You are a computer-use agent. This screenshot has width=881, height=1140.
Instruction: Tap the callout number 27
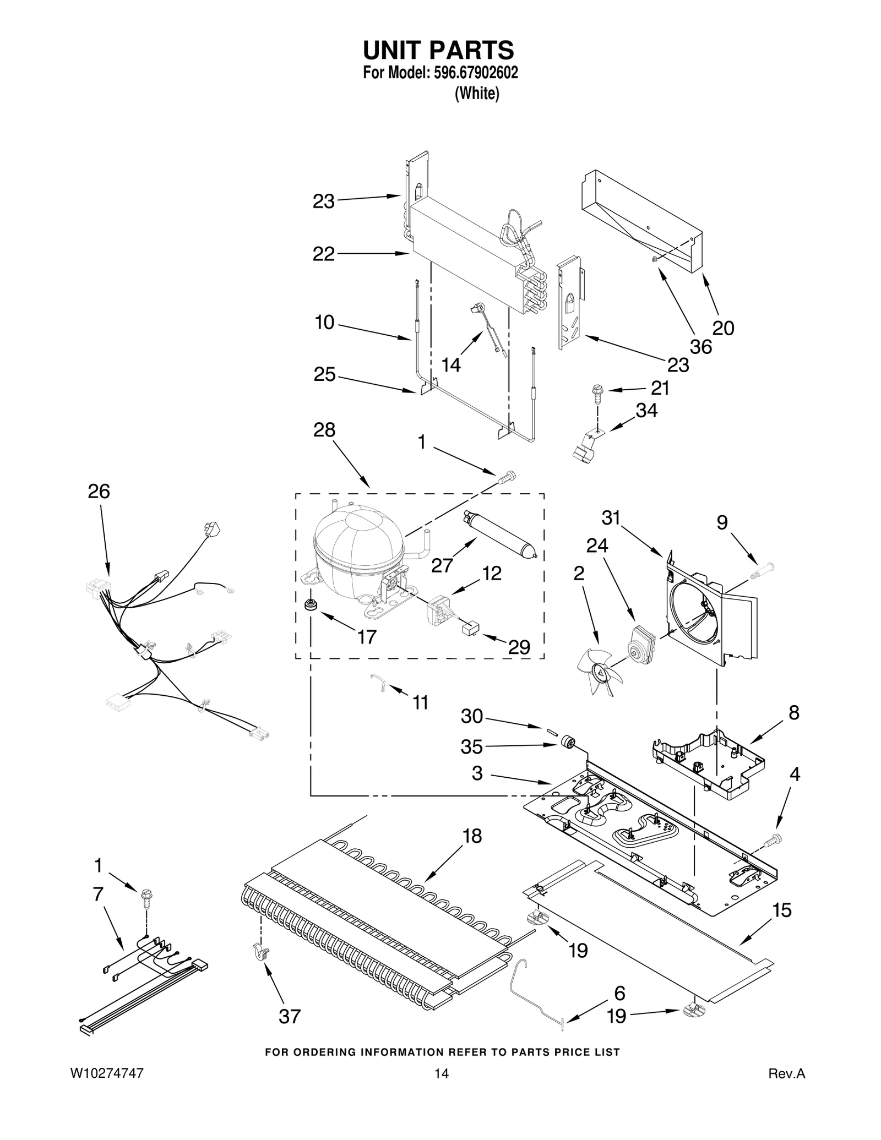click(x=442, y=565)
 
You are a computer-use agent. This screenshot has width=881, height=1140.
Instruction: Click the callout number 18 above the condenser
click(x=472, y=836)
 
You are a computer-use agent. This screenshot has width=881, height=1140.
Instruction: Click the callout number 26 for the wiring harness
click(x=99, y=491)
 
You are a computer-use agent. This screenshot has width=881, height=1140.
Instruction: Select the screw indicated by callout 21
click(x=597, y=392)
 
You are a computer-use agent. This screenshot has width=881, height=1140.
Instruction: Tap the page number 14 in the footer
click(x=441, y=1073)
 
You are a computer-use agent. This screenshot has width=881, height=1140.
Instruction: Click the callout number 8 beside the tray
click(x=793, y=712)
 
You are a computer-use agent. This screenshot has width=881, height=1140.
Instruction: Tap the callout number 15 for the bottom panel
click(x=782, y=910)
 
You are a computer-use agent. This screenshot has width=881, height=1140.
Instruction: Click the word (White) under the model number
click(x=477, y=94)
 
